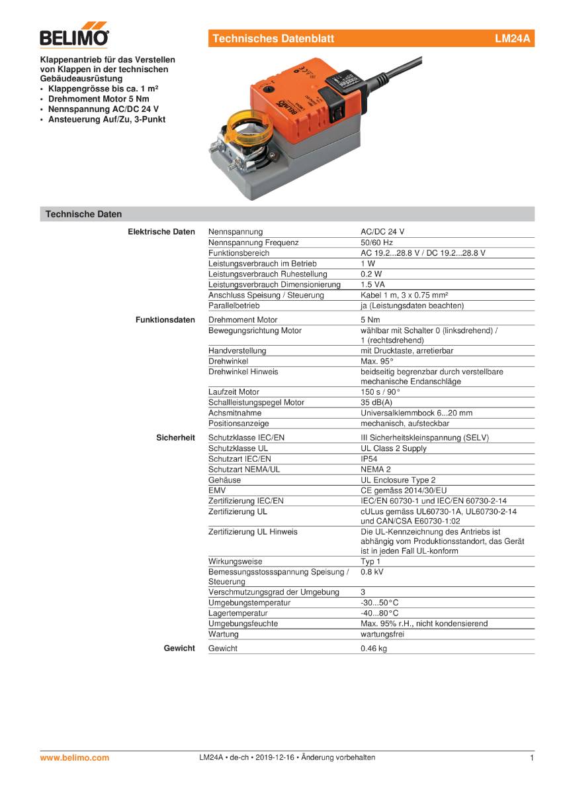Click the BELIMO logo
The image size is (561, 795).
[75, 37]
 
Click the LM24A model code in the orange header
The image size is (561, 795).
[512, 39]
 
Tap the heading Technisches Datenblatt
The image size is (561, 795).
[273, 39]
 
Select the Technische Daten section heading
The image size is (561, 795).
[83, 214]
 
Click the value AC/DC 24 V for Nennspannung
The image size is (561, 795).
[382, 232]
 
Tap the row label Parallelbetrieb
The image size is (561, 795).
[234, 305]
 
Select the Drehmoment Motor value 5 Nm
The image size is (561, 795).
[370, 320]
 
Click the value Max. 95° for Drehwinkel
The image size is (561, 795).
[376, 361]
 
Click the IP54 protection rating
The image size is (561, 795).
[369, 458]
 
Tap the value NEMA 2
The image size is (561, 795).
[373, 469]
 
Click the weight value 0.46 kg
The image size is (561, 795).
[373, 649]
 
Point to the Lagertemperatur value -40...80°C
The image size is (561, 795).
[379, 613]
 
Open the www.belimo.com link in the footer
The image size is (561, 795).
[75, 758]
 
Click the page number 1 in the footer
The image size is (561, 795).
[531, 758]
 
